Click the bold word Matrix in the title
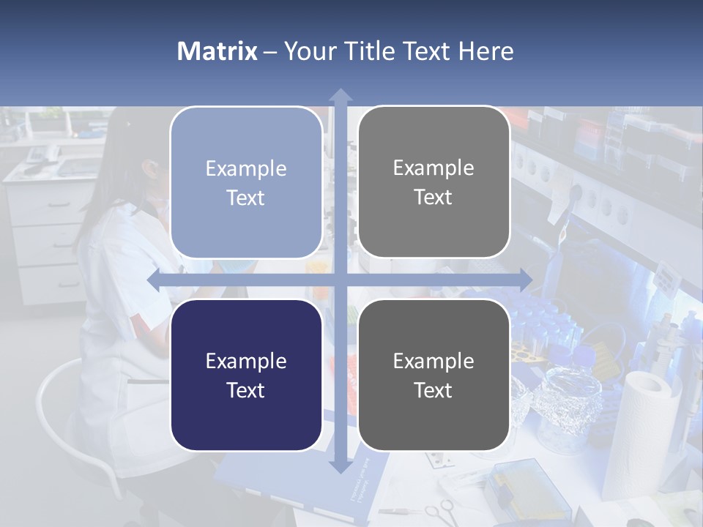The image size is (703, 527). [217, 51]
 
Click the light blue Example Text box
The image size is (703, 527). [246, 182]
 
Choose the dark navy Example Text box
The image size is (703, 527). [246, 375]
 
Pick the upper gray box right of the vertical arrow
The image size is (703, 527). [434, 182]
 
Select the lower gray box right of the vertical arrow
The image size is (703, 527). [434, 375]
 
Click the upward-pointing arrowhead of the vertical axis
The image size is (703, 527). [341, 96]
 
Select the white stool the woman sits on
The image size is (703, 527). [73, 425]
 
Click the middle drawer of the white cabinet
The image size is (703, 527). [48, 245]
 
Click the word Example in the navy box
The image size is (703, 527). [246, 361]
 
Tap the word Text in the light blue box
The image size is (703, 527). [246, 198]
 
